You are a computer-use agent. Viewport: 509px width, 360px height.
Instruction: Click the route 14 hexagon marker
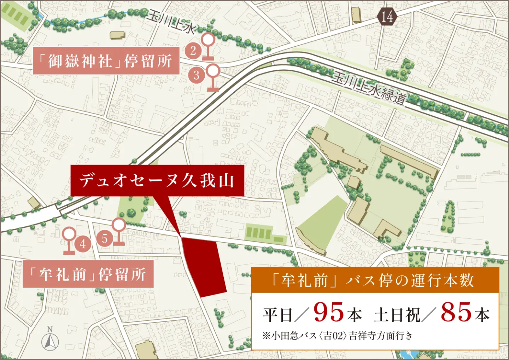point(387,17)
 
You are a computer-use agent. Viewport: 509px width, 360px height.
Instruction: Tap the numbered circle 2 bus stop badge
point(193,51)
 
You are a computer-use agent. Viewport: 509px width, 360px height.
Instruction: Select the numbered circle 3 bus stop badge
point(197,75)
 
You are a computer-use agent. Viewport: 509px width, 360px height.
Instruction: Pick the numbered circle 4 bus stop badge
point(83,244)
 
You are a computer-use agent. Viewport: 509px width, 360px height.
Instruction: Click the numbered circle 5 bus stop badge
point(105,238)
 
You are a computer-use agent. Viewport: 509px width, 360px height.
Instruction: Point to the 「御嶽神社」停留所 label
point(106,61)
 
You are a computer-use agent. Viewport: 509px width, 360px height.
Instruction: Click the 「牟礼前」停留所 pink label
point(88,274)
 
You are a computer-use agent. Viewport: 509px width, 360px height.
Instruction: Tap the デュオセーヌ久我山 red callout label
point(157,180)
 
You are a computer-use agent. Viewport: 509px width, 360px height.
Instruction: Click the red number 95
point(328,312)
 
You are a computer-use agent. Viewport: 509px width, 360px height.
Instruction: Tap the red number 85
point(456,312)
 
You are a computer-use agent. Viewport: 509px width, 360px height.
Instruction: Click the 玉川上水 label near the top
point(171,22)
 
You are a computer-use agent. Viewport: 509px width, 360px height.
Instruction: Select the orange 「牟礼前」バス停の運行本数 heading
point(375,280)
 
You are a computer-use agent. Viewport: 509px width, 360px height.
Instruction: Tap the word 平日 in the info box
point(278,314)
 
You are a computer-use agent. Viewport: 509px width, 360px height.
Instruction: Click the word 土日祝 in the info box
point(397,314)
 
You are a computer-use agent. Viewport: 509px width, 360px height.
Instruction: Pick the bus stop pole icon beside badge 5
point(119,232)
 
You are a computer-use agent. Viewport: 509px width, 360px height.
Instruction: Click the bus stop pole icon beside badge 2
point(208,46)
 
